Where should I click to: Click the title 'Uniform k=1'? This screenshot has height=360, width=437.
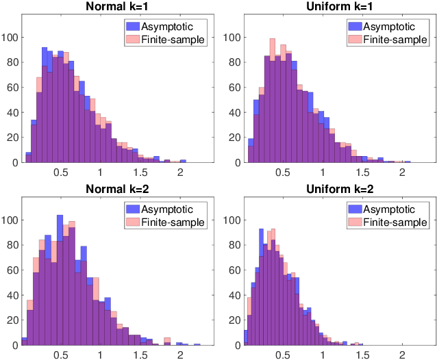point(340,7)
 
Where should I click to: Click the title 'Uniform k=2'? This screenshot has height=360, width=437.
point(340,188)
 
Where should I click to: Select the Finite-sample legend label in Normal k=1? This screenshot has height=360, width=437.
point(171,40)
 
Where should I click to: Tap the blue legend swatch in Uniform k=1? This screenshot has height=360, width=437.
point(354,26)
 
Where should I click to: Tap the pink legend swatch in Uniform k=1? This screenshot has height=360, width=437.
point(354,40)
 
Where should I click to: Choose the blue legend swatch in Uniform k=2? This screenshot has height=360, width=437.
point(354,209)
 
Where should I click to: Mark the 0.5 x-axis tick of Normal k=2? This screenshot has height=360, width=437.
point(61,355)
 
